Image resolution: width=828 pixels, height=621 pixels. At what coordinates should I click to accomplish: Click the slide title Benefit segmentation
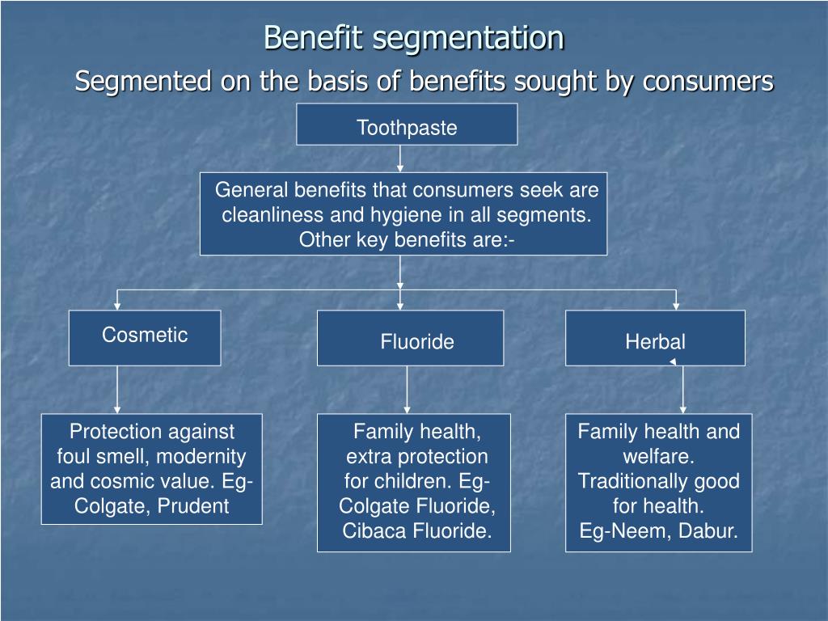414,38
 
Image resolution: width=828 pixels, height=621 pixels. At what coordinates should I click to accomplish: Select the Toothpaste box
407,124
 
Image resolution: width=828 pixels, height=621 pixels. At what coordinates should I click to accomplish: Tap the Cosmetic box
145,338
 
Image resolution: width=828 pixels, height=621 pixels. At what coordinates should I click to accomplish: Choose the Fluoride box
410,338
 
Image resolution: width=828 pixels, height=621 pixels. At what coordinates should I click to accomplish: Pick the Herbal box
655,338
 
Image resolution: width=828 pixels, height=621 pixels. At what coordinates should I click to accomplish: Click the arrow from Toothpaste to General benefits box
400,158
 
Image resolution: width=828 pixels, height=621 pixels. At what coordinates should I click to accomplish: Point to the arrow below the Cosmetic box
117,390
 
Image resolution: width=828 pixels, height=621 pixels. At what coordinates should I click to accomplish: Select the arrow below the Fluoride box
407,390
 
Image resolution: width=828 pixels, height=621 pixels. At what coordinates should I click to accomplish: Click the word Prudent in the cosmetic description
193,506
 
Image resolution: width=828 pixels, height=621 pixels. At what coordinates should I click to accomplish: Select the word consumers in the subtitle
708,82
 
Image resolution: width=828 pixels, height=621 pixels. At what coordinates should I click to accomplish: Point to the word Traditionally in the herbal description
632,482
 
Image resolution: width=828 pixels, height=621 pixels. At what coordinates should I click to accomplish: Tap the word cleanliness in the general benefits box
273,215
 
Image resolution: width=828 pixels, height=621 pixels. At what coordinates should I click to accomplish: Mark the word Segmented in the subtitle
142,82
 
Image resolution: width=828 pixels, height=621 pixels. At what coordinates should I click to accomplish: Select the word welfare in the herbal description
658,456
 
